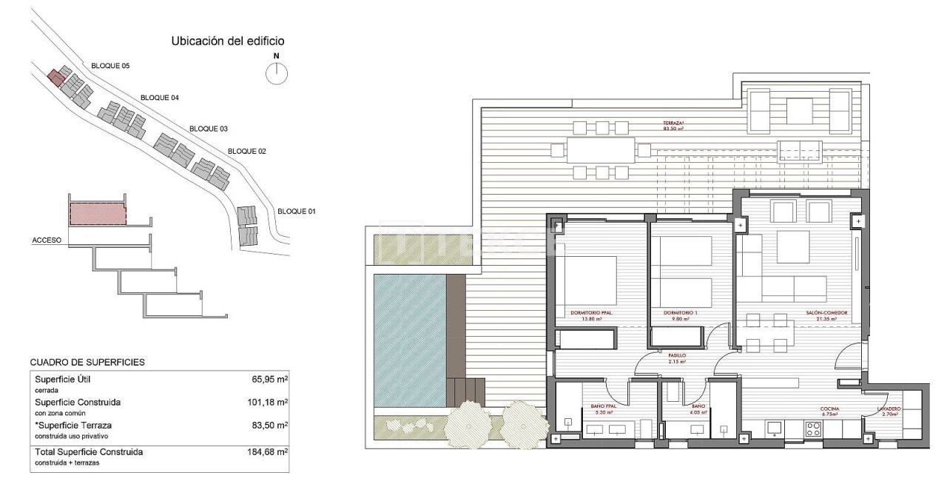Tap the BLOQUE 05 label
pyautogui.click(x=110, y=66)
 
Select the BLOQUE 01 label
pyautogui.click(x=297, y=212)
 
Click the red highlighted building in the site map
pyautogui.click(x=55, y=77)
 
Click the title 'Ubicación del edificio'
pyautogui.click(x=228, y=41)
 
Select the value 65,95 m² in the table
pyautogui.click(x=268, y=379)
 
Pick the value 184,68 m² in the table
pyautogui.click(x=267, y=451)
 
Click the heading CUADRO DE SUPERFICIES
pyautogui.click(x=87, y=362)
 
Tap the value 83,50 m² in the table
pyautogui.click(x=268, y=426)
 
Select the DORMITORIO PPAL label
pyautogui.click(x=591, y=314)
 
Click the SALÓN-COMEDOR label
pyautogui.click(x=827, y=314)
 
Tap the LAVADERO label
pyautogui.click(x=889, y=409)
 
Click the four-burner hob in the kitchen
pyautogui.click(x=812, y=428)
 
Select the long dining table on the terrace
pyautogui.click(x=601, y=150)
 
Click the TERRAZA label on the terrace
pyautogui.click(x=673, y=123)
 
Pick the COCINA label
pyautogui.click(x=829, y=409)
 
